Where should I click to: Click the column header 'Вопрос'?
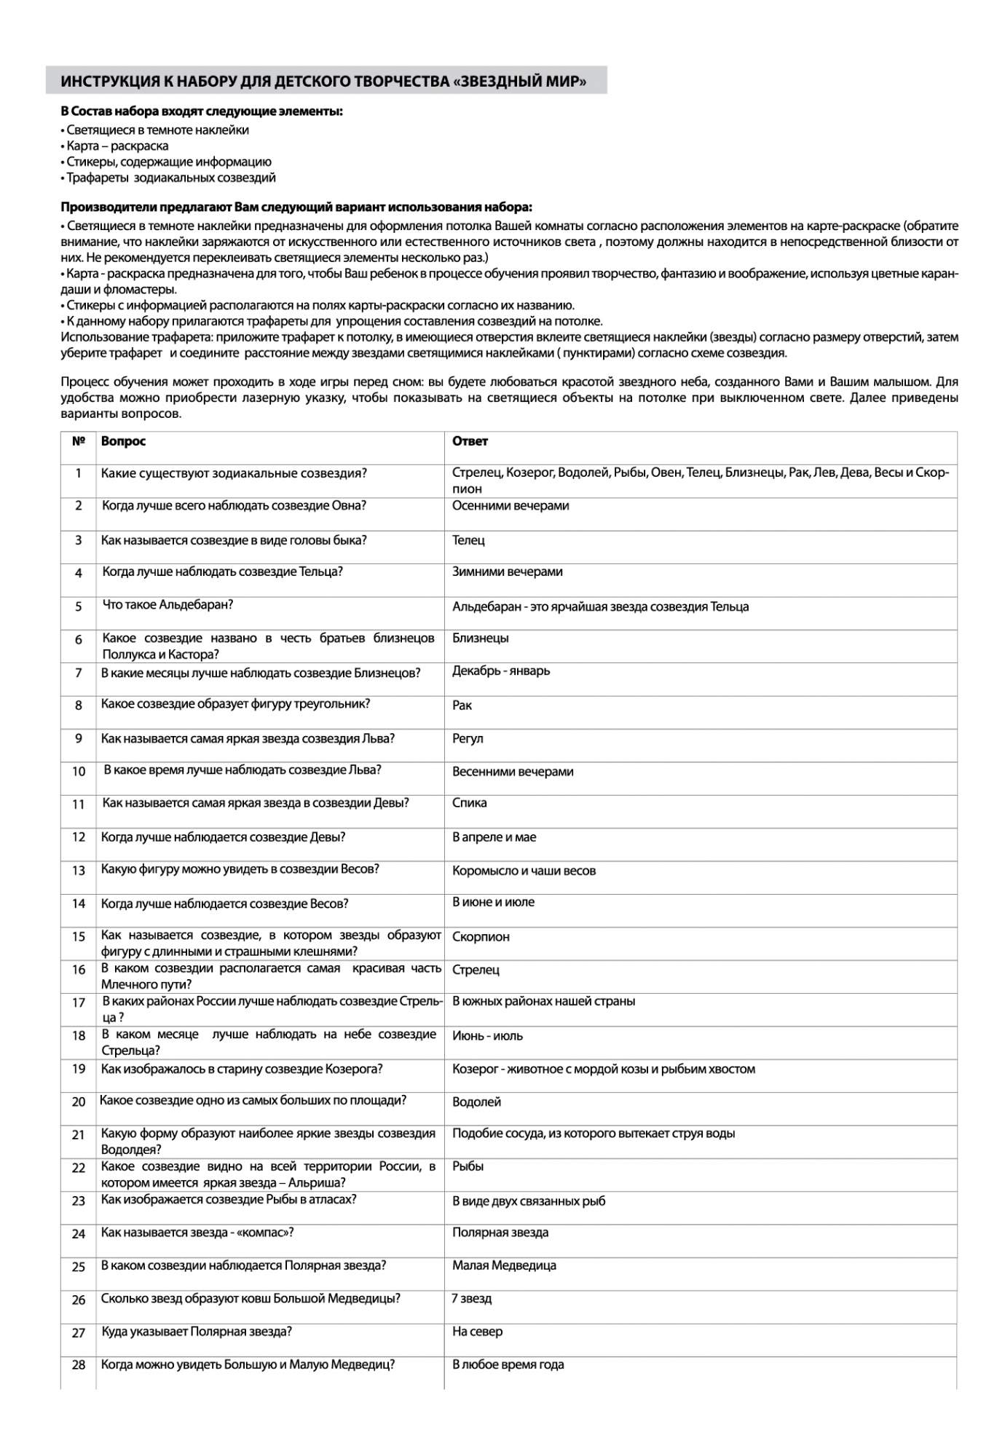[123, 441]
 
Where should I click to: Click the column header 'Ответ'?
[470, 441]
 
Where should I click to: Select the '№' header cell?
[79, 441]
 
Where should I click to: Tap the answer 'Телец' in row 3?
[468, 540]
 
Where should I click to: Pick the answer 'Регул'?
[468, 738]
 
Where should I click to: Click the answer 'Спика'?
[470, 803]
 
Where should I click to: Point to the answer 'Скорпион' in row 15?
[481, 936]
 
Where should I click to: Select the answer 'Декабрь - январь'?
[501, 670]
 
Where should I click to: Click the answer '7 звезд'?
[472, 1299]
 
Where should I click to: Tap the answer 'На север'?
[477, 1332]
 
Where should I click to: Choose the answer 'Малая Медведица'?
[504, 1265]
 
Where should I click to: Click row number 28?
[79, 1365]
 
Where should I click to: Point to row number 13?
[79, 870]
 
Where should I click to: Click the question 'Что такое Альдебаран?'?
[167, 605]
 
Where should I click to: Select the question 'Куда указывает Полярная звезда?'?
[197, 1332]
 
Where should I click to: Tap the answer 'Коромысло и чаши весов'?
[524, 871]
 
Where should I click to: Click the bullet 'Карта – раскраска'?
[117, 146]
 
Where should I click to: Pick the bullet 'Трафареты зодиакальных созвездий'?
[171, 178]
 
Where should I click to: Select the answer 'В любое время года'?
[508, 1365]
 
